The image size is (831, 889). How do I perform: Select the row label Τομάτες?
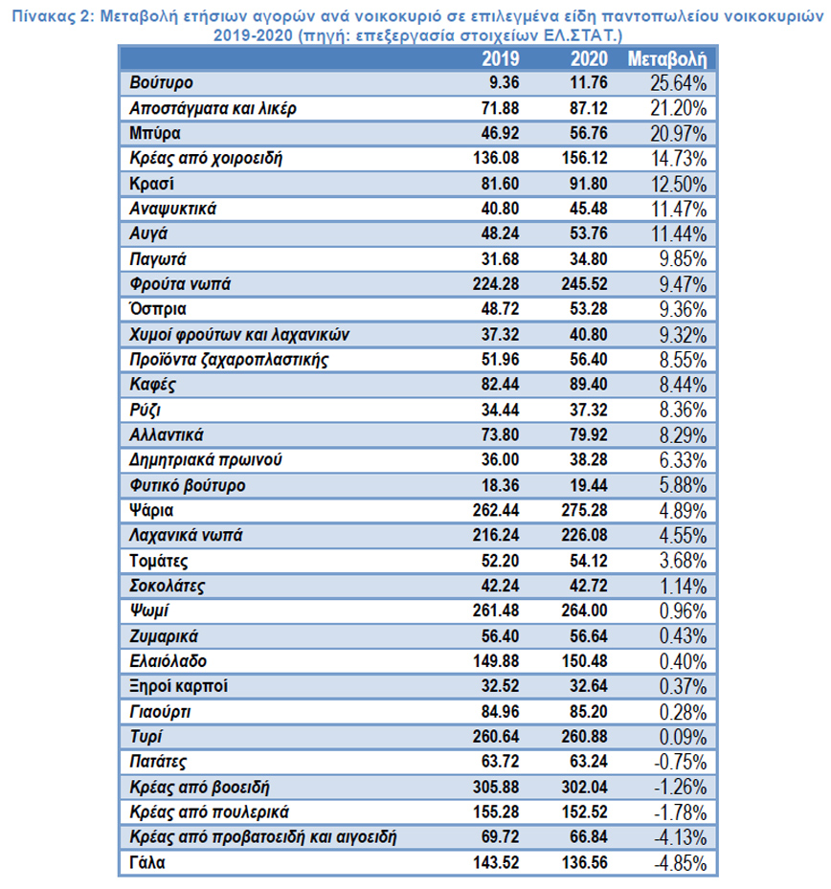(157, 559)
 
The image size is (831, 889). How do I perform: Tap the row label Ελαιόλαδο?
(167, 660)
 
